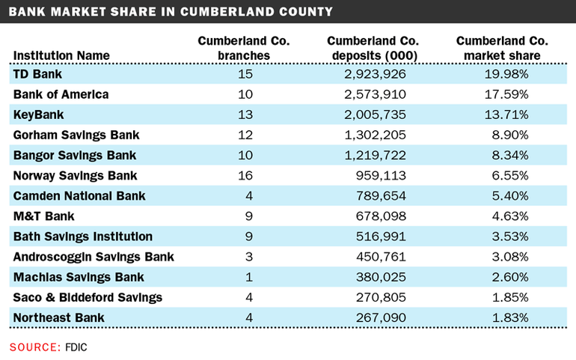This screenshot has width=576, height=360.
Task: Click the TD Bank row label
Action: (37, 74)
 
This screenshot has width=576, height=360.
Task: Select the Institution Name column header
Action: (61, 55)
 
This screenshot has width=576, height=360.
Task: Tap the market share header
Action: (502, 48)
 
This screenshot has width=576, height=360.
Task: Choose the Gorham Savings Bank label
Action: (76, 135)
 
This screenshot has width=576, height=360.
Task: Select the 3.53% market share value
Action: (515, 237)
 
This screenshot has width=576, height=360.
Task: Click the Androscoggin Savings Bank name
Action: (94, 257)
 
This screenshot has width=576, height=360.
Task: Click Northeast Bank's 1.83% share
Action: (515, 317)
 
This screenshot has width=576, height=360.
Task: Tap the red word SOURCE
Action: (34, 347)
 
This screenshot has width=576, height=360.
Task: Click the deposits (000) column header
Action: (373, 48)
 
